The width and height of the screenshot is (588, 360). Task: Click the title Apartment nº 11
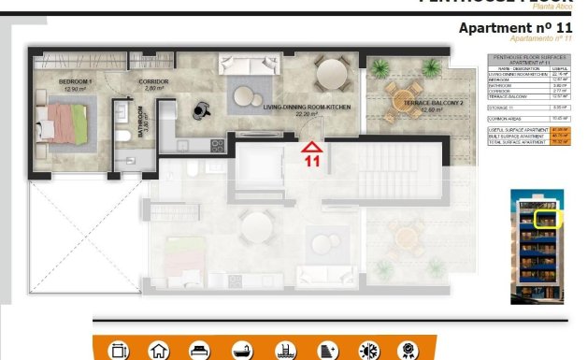pos(515,28)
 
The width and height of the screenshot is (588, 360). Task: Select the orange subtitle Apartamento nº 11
pos(541,39)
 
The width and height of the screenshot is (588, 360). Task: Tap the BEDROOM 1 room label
pos(59,82)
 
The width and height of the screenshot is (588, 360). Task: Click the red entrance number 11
pos(311,160)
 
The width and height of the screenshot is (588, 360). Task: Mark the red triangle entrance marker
pos(311,145)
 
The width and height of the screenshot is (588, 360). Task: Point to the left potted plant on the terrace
pos(380,68)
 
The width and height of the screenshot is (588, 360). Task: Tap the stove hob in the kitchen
pos(217,145)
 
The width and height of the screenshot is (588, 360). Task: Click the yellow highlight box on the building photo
pos(544,220)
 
